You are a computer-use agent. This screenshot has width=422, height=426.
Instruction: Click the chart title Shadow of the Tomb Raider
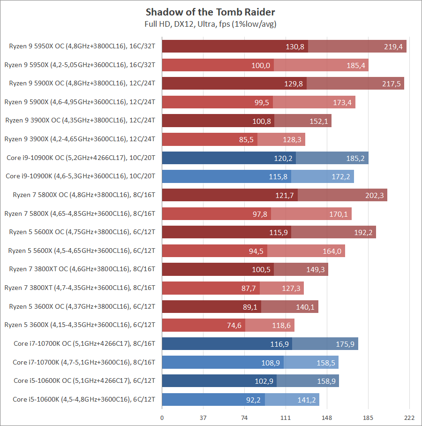tap(211, 12)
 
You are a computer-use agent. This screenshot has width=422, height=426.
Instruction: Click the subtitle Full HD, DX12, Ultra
tap(211, 23)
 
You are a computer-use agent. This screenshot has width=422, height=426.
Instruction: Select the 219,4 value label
tap(393, 46)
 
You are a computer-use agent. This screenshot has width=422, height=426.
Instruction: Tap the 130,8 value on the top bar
tap(295, 46)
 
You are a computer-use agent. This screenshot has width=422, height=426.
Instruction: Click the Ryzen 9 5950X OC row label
tap(82, 46)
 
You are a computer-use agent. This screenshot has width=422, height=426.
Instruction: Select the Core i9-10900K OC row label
tap(81, 158)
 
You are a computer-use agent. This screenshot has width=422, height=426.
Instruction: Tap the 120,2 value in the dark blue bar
tap(283, 158)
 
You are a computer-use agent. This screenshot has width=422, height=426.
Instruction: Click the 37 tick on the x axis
tap(203, 418)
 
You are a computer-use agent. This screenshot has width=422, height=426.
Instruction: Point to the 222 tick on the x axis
tap(409, 418)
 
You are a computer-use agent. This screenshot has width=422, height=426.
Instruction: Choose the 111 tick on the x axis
tap(286, 418)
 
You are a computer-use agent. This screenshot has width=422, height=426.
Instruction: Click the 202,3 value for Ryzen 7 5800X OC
tap(374, 195)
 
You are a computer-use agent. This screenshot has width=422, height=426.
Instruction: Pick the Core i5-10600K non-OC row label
tap(84, 400)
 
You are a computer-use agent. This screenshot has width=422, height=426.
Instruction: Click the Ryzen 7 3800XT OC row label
tap(82, 269)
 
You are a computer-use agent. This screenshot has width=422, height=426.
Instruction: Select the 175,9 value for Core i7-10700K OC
tap(345, 344)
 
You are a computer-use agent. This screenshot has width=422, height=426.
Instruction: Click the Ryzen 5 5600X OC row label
tap(82, 232)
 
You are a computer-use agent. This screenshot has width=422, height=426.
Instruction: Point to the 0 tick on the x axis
tap(162, 418)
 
